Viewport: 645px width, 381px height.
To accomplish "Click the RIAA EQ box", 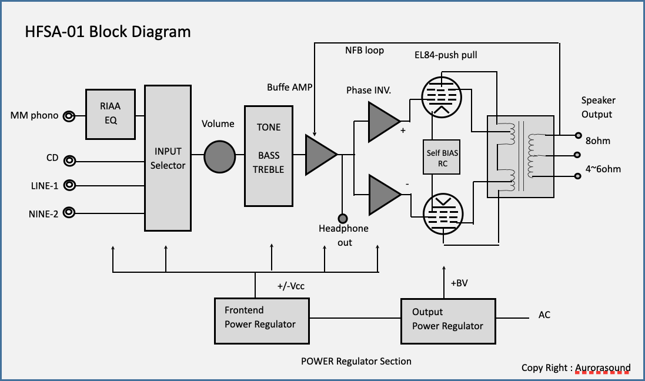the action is (x=111, y=114).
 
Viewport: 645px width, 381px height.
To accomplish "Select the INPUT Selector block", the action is (x=168, y=158).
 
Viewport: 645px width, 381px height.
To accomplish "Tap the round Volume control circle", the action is (x=220, y=157).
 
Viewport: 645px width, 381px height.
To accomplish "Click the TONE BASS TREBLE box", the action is (x=269, y=156).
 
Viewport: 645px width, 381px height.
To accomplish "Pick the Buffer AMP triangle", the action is (x=320, y=155).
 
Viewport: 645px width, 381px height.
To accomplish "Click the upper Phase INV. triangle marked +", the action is (x=383, y=122).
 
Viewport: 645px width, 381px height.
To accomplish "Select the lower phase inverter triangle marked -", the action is (x=384, y=195).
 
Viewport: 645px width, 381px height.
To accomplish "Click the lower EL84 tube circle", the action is (x=443, y=214).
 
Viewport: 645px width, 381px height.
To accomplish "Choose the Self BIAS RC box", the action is (x=442, y=157).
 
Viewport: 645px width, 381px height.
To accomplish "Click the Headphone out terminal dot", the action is (x=342, y=219).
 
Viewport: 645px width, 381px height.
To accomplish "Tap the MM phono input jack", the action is (x=69, y=116).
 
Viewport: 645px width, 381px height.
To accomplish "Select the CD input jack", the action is (x=70, y=161).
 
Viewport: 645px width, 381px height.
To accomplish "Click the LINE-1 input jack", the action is (x=69, y=186).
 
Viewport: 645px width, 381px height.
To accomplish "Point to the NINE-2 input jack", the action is (x=69, y=212).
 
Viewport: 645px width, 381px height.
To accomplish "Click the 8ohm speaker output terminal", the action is (x=578, y=135).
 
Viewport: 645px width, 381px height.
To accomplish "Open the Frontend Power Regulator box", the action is (x=262, y=321).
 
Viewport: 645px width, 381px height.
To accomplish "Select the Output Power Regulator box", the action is (x=448, y=322).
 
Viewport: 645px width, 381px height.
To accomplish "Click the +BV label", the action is (x=459, y=283).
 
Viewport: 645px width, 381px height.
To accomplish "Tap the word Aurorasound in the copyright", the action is (x=603, y=368).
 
